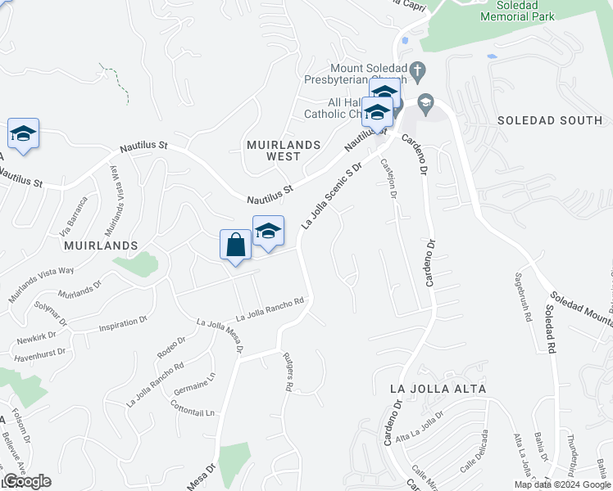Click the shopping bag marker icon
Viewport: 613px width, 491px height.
coord(235,245)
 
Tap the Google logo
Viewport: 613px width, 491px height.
coord(27,481)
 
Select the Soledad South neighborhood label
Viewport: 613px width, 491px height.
coord(550,120)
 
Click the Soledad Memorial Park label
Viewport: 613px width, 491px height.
coord(517,11)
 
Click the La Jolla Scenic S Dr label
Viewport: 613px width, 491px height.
coord(332,196)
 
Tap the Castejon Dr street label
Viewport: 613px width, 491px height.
coord(389,179)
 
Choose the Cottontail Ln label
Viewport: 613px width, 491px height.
coord(192,409)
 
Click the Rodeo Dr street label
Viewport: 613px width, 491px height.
coord(166,347)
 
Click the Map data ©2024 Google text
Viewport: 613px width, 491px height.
coord(561,484)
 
